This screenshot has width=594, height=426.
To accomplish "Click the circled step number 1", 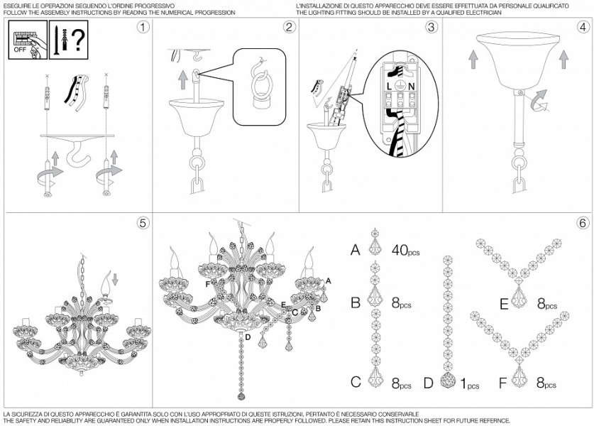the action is pyautogui.click(x=143, y=27).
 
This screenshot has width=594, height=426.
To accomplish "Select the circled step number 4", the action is pyautogui.click(x=583, y=27).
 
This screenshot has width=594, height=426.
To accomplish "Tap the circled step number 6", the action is pyautogui.click(x=583, y=223).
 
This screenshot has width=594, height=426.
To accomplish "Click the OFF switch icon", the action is pyautogui.click(x=28, y=40).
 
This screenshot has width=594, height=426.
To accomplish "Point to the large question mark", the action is pyautogui.click(x=77, y=40).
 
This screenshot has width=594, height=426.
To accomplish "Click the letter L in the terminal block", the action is pyautogui.click(x=389, y=87).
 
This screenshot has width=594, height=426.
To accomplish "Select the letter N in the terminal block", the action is pyautogui.click(x=412, y=87).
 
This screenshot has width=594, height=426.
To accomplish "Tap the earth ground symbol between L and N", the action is pyautogui.click(x=400, y=86).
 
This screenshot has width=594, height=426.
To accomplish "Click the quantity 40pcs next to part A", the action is pyautogui.click(x=405, y=250).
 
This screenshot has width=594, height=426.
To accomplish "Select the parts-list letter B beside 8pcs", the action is pyautogui.click(x=356, y=303).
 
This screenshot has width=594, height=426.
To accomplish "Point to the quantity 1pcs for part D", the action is pyautogui.click(x=470, y=384).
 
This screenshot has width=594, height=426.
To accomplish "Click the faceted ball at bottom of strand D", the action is pyautogui.click(x=448, y=381).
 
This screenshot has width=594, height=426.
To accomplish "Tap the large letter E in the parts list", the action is pyautogui.click(x=504, y=305).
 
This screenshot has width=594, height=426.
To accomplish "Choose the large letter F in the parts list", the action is pyautogui.click(x=502, y=383).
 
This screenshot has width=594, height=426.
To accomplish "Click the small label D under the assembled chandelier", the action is pyautogui.click(x=248, y=337).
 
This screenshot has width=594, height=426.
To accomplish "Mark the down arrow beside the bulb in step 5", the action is pyautogui.click(x=116, y=278).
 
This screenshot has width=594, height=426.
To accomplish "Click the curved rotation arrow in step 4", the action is pyautogui.click(x=539, y=100).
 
